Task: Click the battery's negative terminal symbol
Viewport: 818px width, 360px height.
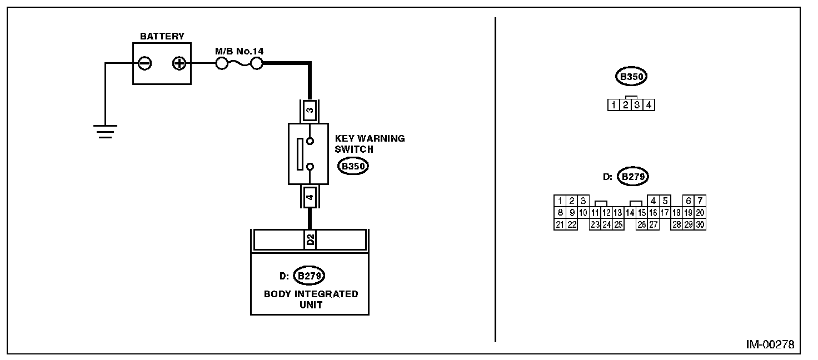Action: pyautogui.click(x=144, y=64)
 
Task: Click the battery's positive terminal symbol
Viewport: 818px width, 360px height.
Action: pyautogui.click(x=179, y=64)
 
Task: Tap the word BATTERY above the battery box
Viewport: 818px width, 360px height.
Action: pyautogui.click(x=162, y=37)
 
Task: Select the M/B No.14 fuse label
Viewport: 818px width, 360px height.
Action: pyautogui.click(x=239, y=51)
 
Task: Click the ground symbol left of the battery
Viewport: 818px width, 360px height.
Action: pyautogui.click(x=105, y=131)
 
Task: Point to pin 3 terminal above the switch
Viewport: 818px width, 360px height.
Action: pyautogui.click(x=310, y=110)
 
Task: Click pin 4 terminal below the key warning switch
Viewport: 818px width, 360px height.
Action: pyautogui.click(x=310, y=197)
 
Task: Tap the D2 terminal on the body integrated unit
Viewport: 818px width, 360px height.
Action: pyautogui.click(x=310, y=239)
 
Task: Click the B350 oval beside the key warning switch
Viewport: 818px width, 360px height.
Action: pyautogui.click(x=354, y=166)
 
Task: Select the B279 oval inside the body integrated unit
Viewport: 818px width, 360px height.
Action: pyautogui.click(x=309, y=275)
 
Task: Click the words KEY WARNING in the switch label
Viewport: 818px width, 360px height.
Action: pyautogui.click(x=370, y=138)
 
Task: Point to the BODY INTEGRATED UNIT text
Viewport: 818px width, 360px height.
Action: pyautogui.click(x=311, y=299)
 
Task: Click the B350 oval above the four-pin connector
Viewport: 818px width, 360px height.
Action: pyautogui.click(x=631, y=77)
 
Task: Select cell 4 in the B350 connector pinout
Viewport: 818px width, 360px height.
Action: pyautogui.click(x=649, y=104)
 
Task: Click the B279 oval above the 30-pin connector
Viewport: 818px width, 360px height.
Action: pyautogui.click(x=634, y=177)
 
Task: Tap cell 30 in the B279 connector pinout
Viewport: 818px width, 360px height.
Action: pyautogui.click(x=700, y=224)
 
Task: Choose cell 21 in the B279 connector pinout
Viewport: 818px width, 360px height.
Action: pyautogui.click(x=560, y=224)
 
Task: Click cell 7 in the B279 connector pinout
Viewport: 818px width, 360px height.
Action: pyautogui.click(x=700, y=201)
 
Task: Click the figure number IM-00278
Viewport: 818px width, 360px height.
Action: pyautogui.click(x=770, y=344)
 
